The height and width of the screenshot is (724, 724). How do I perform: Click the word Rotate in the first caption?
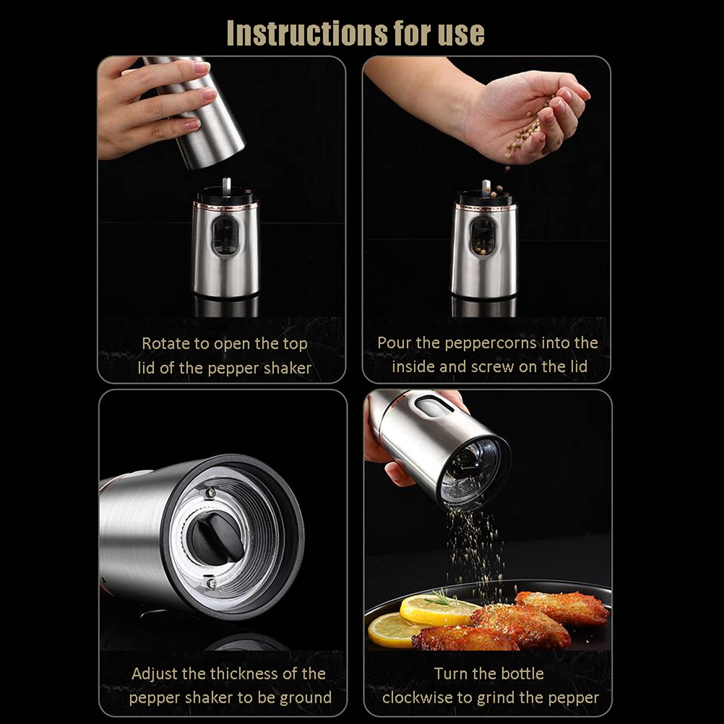[166, 343]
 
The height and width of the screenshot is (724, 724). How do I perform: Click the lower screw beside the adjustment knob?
[210, 584]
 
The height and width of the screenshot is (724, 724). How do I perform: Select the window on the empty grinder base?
[225, 236]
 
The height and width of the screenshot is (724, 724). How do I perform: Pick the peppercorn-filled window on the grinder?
[483, 237]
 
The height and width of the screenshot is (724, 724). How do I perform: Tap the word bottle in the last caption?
[520, 674]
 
